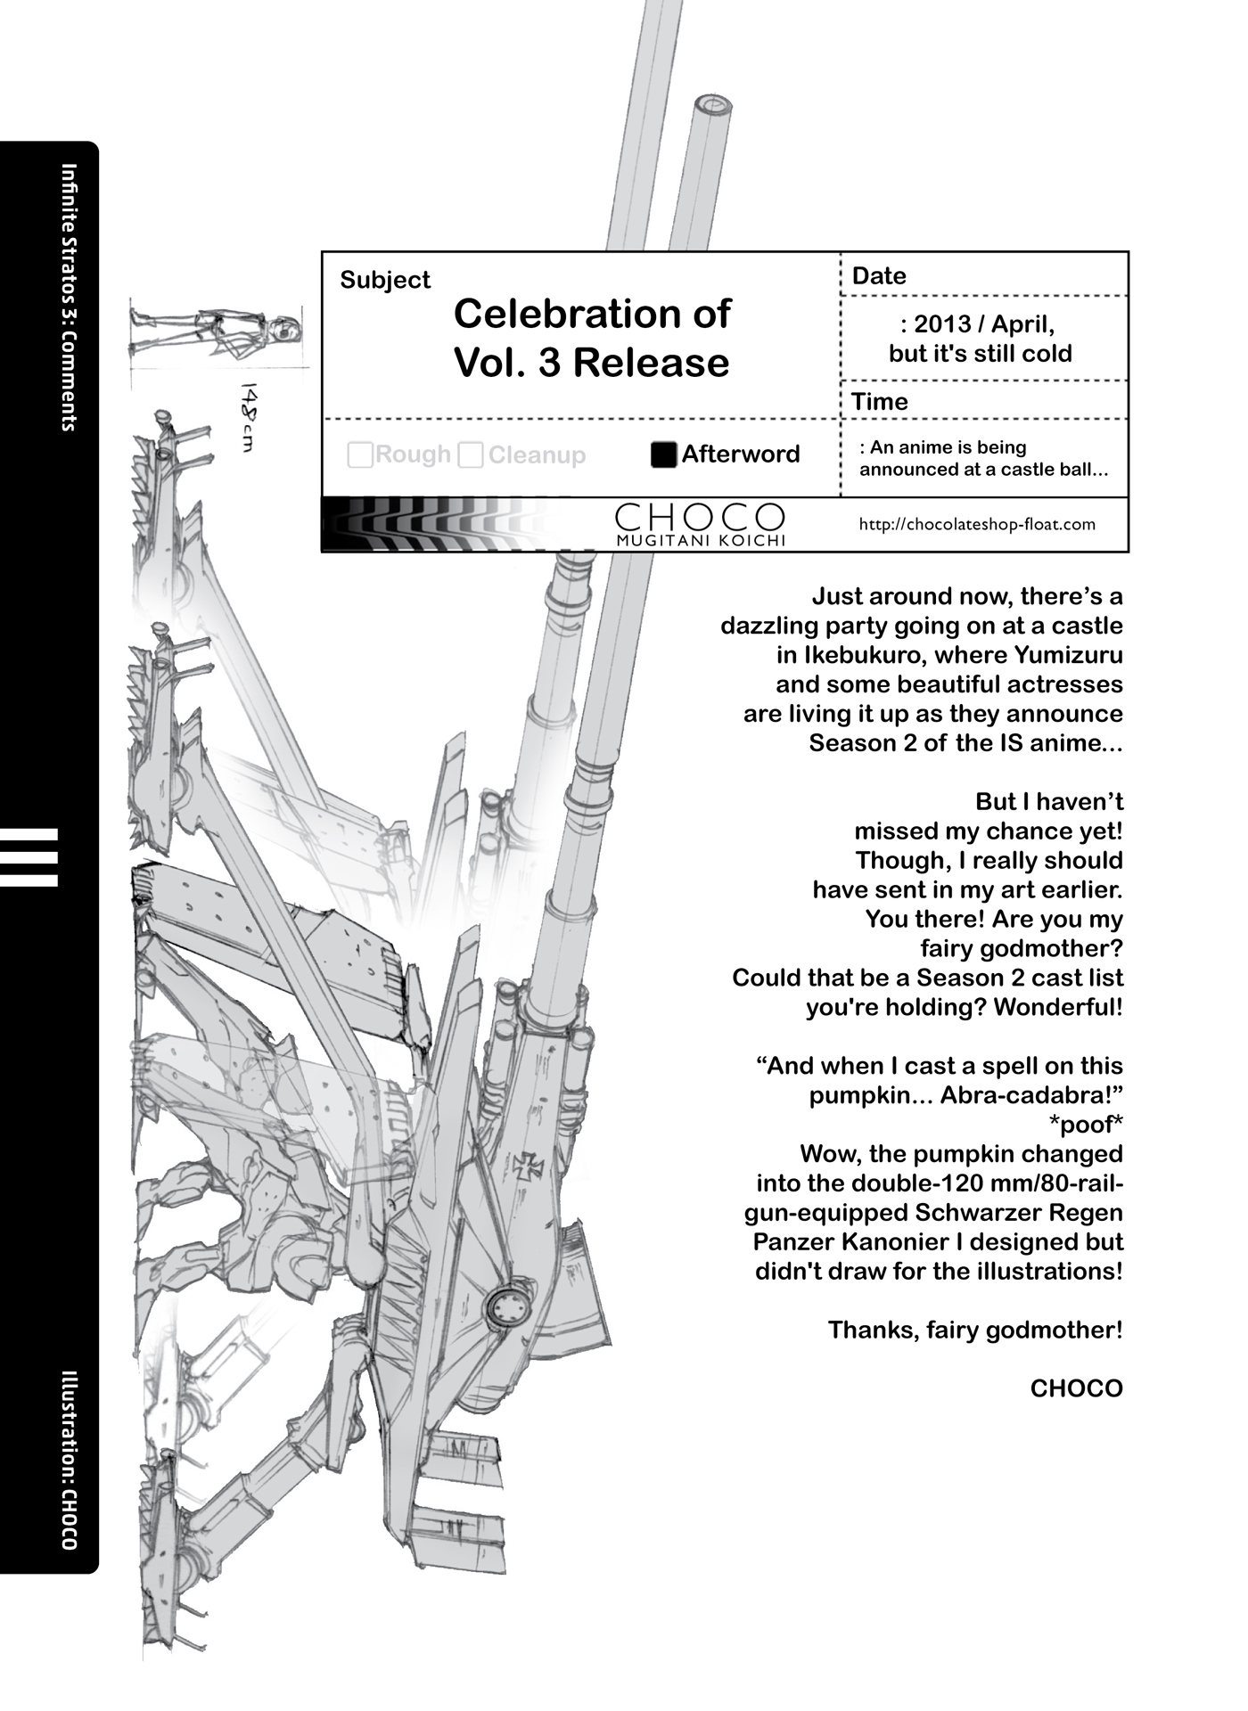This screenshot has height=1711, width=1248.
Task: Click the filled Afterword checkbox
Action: point(664,454)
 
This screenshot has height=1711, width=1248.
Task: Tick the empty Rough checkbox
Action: point(360,455)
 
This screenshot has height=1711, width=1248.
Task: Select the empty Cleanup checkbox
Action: point(471,455)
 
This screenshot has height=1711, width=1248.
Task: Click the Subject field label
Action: point(385,280)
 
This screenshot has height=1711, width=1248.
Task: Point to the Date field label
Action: point(879,276)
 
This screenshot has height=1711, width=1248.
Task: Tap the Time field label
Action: point(880,402)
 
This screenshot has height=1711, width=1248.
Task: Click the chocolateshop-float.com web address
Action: point(977,524)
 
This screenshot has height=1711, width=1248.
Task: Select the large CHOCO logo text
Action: point(700,516)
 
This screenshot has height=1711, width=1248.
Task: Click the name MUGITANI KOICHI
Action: point(700,541)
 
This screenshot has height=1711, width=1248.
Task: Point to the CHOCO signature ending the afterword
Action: point(1076,1388)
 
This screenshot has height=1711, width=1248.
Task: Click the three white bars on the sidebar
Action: point(29,858)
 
